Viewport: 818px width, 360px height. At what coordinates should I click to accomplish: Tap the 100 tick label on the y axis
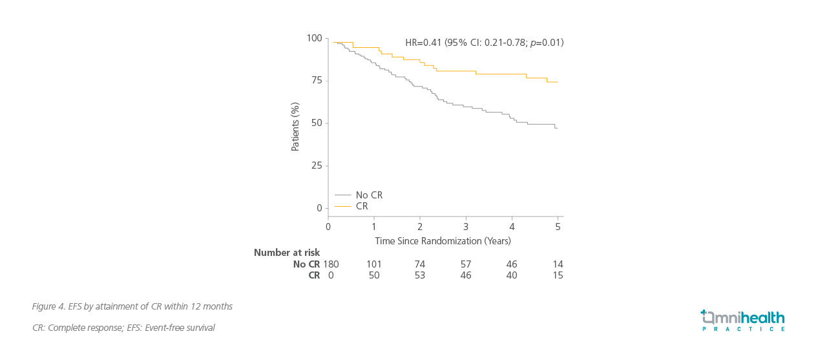click(314, 39)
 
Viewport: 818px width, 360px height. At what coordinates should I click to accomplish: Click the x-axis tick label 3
click(466, 227)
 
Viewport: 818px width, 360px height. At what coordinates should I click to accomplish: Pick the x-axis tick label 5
click(558, 227)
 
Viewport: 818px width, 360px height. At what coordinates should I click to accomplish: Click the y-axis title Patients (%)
click(295, 127)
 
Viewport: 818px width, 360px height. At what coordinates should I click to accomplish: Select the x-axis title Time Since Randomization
click(443, 241)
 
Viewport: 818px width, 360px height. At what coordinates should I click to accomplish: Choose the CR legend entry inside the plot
click(362, 206)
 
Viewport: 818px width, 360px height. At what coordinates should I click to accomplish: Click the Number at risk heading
click(287, 253)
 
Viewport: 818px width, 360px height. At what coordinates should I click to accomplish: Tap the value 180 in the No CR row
click(331, 264)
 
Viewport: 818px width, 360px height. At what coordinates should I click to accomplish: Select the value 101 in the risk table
click(374, 264)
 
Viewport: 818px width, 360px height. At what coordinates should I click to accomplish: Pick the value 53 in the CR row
click(420, 275)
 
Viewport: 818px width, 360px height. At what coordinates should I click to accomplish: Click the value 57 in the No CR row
click(466, 264)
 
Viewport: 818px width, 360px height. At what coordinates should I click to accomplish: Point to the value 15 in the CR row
click(558, 275)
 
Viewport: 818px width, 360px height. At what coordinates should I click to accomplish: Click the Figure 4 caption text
click(132, 306)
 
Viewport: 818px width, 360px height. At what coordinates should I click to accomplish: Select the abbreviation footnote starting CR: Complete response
click(123, 328)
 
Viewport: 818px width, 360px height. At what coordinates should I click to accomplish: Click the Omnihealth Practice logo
click(742, 321)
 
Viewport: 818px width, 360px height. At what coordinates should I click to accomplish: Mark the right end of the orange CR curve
click(558, 82)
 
